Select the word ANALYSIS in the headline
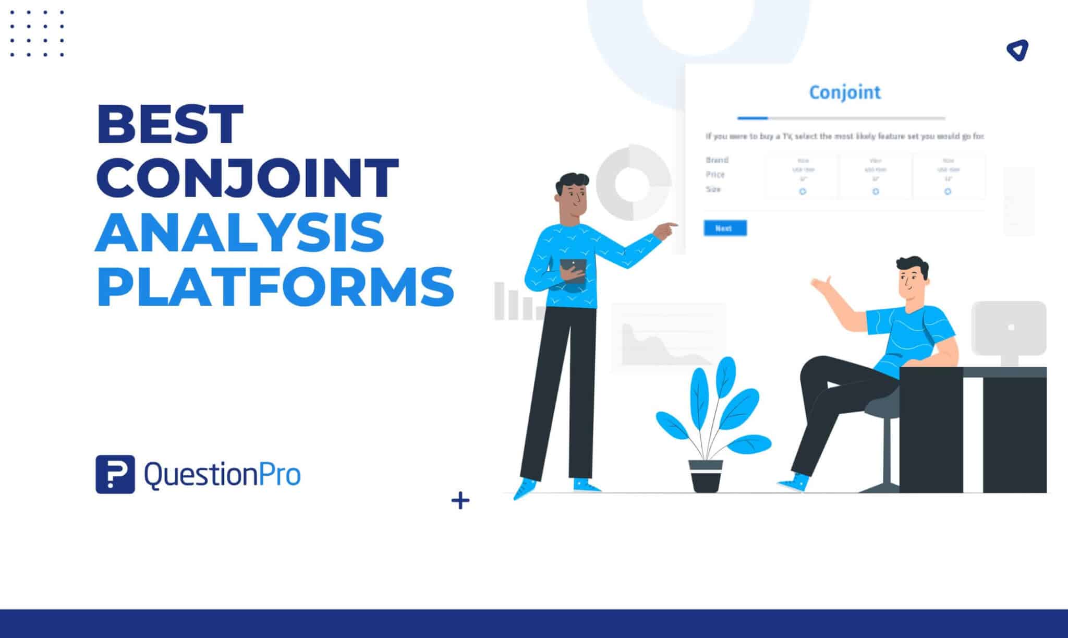[x=240, y=232]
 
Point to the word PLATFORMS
[x=275, y=286]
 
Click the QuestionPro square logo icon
[x=115, y=474]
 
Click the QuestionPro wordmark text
[x=222, y=475]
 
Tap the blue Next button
[x=724, y=228]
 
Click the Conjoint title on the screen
[x=845, y=92]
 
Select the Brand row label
[x=717, y=160]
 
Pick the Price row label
[x=715, y=174]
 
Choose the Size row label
[x=713, y=189]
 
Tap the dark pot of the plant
[x=706, y=475]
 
